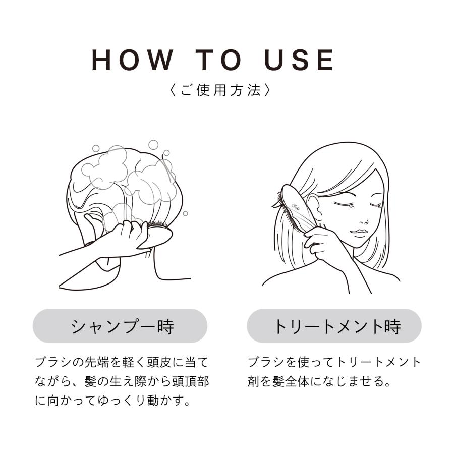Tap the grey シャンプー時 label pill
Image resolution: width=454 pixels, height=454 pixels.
pos(120,326)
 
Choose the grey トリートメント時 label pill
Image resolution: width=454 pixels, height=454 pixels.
pos(334,326)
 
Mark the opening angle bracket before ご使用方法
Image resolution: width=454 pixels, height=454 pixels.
pos(173,91)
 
